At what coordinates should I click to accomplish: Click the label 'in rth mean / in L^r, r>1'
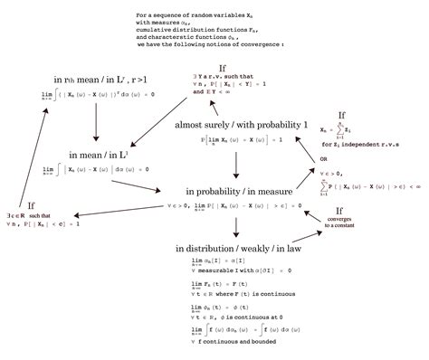[x=91, y=80]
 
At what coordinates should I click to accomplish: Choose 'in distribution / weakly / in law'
[x=238, y=247]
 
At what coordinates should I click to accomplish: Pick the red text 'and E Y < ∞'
[x=214, y=92]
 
